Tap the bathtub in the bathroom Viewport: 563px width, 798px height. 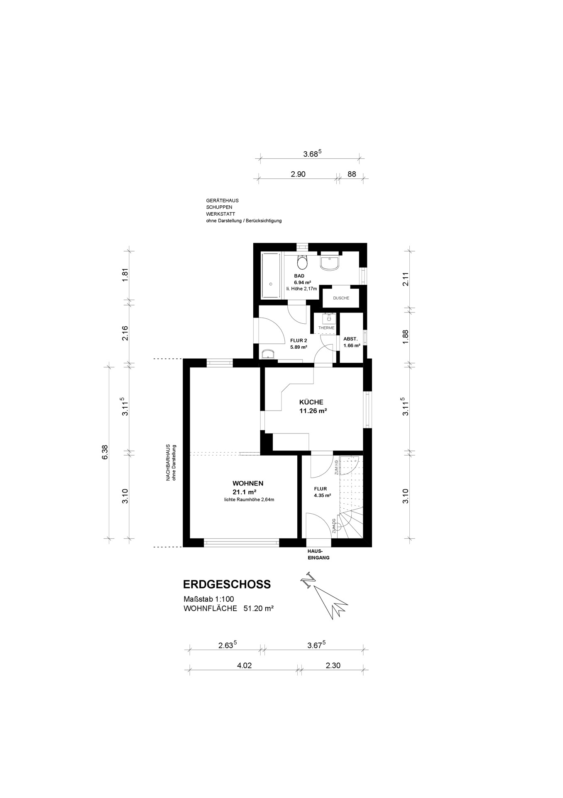(271, 275)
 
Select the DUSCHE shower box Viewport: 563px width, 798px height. (341, 298)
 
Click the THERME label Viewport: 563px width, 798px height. (326, 328)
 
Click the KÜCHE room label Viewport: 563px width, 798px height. (311, 402)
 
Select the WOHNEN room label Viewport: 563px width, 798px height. (248, 483)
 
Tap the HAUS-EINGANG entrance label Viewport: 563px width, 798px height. (318, 554)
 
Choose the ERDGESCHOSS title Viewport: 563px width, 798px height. (227, 584)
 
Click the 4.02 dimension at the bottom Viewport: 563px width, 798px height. (244, 665)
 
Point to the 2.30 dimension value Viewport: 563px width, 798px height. (333, 665)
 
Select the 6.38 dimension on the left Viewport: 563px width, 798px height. (105, 452)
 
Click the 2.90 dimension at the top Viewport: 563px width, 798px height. (298, 174)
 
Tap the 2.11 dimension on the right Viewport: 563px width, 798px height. (406, 278)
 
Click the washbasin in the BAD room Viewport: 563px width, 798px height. (330, 263)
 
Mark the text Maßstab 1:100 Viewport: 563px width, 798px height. (209, 599)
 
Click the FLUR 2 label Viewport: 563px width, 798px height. (299, 340)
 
